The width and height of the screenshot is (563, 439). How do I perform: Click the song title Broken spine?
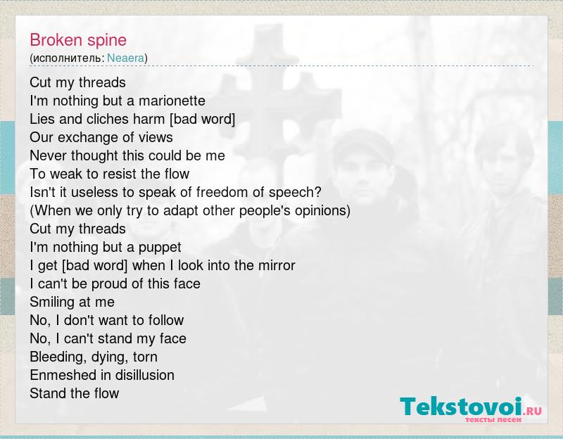click(x=78, y=40)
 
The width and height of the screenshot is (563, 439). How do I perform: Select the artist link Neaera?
click(x=126, y=58)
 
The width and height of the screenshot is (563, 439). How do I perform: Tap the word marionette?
click(x=172, y=101)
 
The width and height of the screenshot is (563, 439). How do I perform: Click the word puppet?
click(x=160, y=248)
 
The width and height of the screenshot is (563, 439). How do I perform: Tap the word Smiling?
click(x=51, y=303)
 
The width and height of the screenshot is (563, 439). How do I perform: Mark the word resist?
click(x=115, y=174)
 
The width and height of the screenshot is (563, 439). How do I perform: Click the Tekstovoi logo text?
click(x=461, y=407)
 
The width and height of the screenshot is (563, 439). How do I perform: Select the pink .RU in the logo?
click(x=533, y=411)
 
